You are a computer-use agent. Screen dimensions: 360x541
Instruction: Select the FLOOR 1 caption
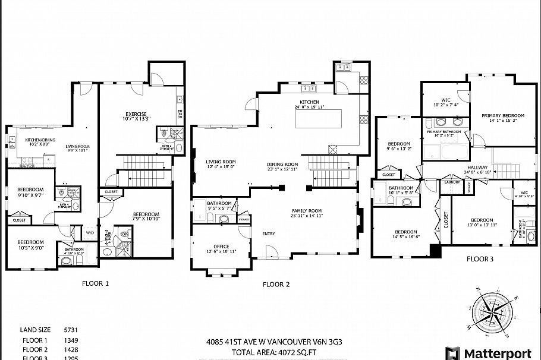click(x=95, y=283)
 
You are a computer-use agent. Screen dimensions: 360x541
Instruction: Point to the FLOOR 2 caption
click(x=276, y=285)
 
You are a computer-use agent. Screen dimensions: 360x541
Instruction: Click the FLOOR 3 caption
click(x=480, y=259)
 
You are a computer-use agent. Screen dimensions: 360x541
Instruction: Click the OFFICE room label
click(x=221, y=247)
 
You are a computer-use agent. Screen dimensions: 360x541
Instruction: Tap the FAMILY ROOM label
click(x=306, y=211)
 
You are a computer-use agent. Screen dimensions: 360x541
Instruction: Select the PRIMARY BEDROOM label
click(x=503, y=116)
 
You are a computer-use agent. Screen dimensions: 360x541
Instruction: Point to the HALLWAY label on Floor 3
click(x=477, y=168)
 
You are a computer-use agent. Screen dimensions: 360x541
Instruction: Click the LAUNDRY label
click(x=452, y=182)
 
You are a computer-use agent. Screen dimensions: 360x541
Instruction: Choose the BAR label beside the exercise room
click(x=180, y=112)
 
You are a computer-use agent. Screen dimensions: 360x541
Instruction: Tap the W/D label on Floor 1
click(x=91, y=232)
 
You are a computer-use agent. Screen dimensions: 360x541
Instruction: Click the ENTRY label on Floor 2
click(x=269, y=233)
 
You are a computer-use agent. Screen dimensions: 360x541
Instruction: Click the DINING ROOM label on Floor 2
click(x=282, y=164)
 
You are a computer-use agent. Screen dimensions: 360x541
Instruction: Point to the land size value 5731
click(x=71, y=330)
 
